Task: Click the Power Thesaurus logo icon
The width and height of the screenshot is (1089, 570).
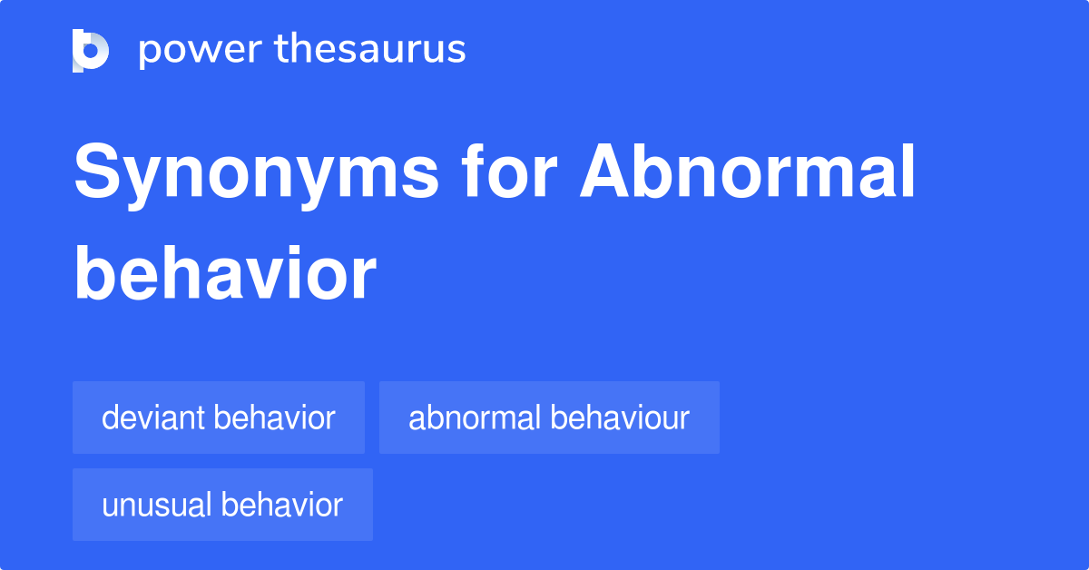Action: pyautogui.click(x=90, y=50)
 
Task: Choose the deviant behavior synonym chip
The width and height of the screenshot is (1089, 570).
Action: pyautogui.click(x=219, y=418)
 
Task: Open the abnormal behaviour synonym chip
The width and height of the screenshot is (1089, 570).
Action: pyautogui.click(x=549, y=418)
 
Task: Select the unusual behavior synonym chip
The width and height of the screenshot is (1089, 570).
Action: pyautogui.click(x=222, y=506)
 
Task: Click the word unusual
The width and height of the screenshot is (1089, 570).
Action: pyautogui.click(x=158, y=506)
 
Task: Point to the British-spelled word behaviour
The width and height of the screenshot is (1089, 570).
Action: pyautogui.click(x=620, y=418)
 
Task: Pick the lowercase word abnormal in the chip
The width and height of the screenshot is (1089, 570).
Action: pyautogui.click(x=475, y=418)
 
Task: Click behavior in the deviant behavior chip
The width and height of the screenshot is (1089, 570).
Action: pyautogui.click(x=275, y=418)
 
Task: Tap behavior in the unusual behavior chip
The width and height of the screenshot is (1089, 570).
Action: pyautogui.click(x=282, y=506)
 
